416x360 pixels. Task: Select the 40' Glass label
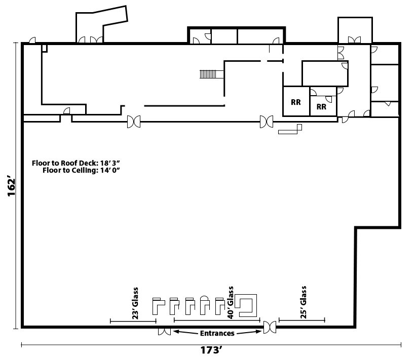coord(231,301)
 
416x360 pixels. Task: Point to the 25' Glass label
coord(304,303)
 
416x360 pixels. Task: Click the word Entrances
coord(217,333)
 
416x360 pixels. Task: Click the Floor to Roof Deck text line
coord(79,163)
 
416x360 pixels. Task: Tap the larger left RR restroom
coord(296,102)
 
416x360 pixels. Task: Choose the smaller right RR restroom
coord(322,107)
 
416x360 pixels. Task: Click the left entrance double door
coord(164,332)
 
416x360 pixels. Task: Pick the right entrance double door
coord(270,328)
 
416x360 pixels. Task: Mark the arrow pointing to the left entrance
coord(178,332)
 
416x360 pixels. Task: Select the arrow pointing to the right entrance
coord(256,332)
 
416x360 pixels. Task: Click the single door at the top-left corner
coord(32,41)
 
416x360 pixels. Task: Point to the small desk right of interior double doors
coord(291,130)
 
